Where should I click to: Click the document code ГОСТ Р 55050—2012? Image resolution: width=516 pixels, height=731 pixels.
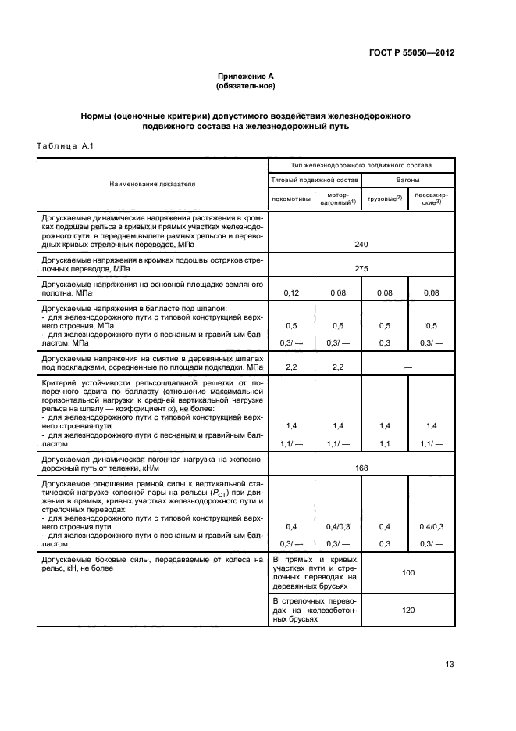pos(412,52)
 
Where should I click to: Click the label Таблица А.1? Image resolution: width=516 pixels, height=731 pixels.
pos(66,146)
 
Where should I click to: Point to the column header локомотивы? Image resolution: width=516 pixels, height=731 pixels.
pos(291,198)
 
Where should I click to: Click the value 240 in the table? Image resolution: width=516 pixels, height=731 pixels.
pos(361,245)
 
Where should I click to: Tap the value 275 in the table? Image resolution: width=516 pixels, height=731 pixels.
pos(361,268)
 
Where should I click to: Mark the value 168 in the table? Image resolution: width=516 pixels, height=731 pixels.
pos(361,468)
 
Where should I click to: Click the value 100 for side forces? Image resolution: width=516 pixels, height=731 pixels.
pos(407,573)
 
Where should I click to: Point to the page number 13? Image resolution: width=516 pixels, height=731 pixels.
pos(449,665)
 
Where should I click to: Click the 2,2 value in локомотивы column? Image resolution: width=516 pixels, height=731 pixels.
pos(291,366)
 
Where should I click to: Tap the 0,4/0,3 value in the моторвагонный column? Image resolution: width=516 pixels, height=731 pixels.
pos(338,527)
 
